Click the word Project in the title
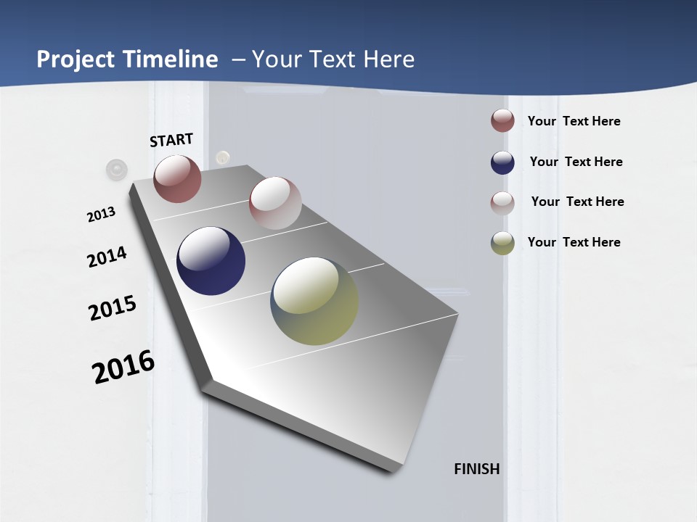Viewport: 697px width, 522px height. click(76, 59)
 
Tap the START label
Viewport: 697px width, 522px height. click(171, 140)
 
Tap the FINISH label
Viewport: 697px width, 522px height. click(477, 469)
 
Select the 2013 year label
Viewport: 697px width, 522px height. click(101, 215)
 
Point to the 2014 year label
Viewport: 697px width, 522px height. click(107, 257)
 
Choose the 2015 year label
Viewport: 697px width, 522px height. click(113, 308)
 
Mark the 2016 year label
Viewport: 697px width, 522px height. click(123, 367)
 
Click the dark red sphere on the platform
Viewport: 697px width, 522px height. click(177, 178)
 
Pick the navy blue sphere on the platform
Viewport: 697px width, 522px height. click(211, 261)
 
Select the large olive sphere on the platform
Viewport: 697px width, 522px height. click(314, 301)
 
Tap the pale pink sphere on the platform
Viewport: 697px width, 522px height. click(275, 203)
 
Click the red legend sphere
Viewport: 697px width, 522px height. click(502, 120)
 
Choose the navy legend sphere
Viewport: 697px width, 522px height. click(502, 162)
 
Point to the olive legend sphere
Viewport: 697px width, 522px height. click(502, 243)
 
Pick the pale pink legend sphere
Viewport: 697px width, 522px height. click(502, 203)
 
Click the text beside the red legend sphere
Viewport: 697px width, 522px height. click(574, 121)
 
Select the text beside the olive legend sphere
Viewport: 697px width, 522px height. click(574, 242)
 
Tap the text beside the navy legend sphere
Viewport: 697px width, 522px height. click(576, 162)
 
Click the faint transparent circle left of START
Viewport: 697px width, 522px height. click(116, 170)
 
